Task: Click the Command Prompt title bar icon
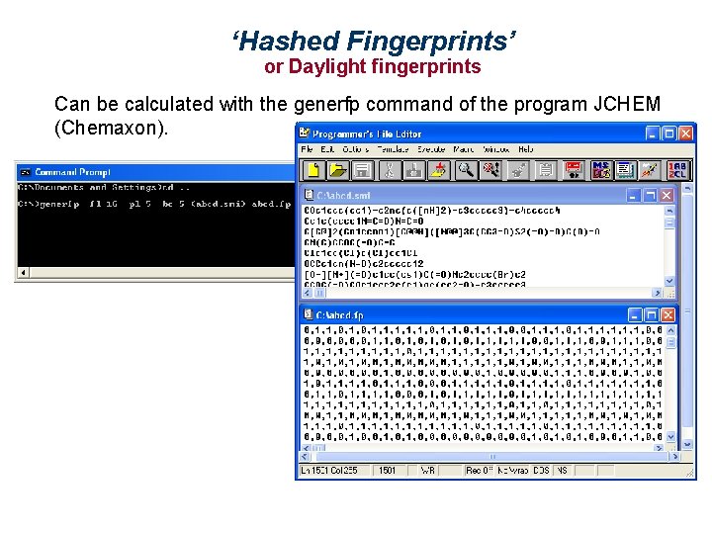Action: pyautogui.click(x=25, y=172)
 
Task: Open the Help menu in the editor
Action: pyautogui.click(x=525, y=149)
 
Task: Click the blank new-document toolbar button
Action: pyautogui.click(x=313, y=170)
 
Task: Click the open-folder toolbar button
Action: pyautogui.click(x=338, y=170)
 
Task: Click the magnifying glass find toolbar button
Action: pyautogui.click(x=464, y=170)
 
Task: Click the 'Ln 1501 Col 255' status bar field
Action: pyautogui.click(x=334, y=470)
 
